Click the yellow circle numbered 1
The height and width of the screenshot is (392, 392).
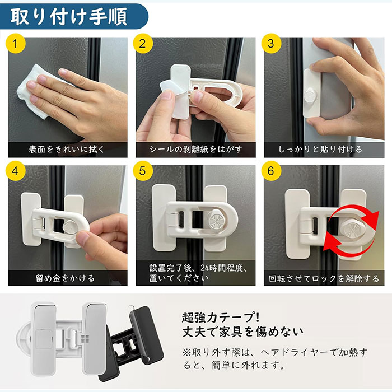(x=16, y=44)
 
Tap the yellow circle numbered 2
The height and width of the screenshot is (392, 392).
(x=143, y=44)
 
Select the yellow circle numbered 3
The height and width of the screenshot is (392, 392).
(x=271, y=44)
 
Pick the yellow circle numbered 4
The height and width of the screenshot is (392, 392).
(x=16, y=171)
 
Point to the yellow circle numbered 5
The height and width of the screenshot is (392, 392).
(x=143, y=171)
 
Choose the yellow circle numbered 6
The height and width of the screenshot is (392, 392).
(x=271, y=171)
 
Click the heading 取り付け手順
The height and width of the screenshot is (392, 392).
(x=69, y=17)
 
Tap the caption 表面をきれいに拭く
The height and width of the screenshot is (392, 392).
(x=67, y=150)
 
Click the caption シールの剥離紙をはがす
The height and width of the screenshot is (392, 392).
(x=196, y=150)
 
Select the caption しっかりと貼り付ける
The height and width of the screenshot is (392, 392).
(x=320, y=150)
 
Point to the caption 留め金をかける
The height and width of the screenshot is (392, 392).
(x=65, y=278)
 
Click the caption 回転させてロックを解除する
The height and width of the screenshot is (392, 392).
(x=324, y=278)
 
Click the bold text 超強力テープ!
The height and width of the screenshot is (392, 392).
(x=221, y=318)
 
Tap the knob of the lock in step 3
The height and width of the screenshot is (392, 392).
(x=310, y=95)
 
